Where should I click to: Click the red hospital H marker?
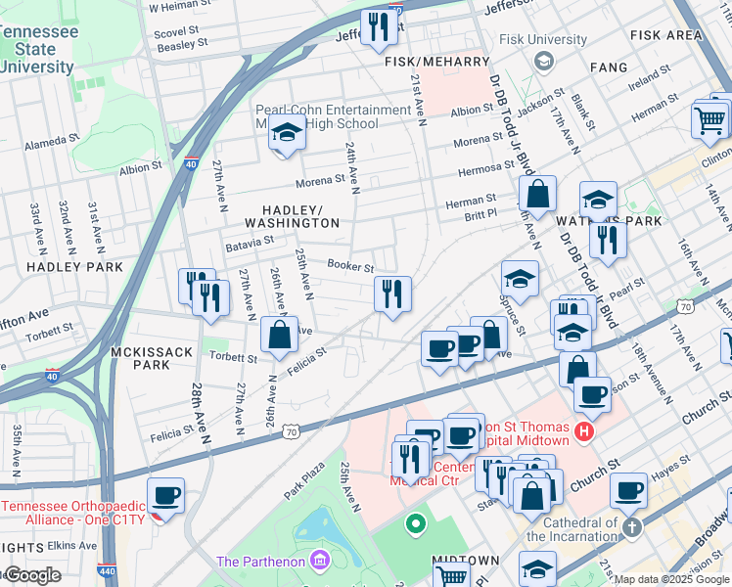585,429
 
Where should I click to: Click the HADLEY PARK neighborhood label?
74,266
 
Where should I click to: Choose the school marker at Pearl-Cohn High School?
286,134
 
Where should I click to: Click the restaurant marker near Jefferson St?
378,27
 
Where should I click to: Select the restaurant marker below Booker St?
391,293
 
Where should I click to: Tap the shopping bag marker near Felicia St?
280,336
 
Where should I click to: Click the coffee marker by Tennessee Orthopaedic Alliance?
166,495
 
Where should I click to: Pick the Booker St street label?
351,266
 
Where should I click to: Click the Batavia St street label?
249,241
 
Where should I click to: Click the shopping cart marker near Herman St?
709,120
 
